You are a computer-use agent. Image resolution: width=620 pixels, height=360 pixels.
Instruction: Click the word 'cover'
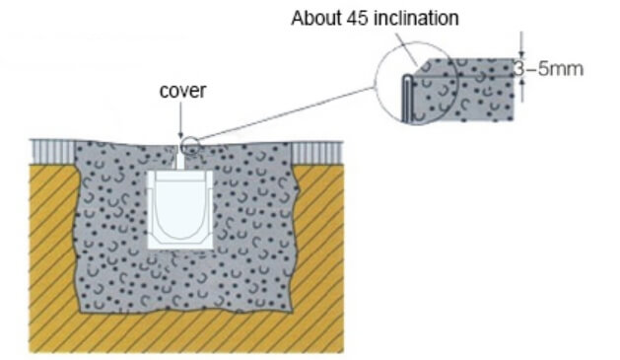click(182, 91)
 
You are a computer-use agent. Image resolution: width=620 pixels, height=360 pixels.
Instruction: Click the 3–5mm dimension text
click(549, 69)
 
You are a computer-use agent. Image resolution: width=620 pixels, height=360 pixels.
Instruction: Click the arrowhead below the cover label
click(180, 134)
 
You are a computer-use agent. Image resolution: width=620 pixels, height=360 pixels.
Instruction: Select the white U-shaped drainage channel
click(180, 210)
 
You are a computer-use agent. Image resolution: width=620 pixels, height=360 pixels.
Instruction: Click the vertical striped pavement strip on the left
click(53, 152)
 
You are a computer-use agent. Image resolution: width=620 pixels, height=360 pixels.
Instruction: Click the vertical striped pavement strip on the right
click(316, 152)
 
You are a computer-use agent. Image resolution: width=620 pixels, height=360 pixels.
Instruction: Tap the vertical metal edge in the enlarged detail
click(407, 98)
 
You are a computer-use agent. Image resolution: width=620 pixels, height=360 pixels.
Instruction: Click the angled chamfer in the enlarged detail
click(421, 67)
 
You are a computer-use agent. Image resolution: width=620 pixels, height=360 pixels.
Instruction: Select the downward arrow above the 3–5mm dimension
click(522, 45)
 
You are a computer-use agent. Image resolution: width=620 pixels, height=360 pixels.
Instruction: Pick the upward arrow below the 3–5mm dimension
click(522, 90)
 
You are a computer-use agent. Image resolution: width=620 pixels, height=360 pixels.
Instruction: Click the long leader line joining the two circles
click(286, 114)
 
